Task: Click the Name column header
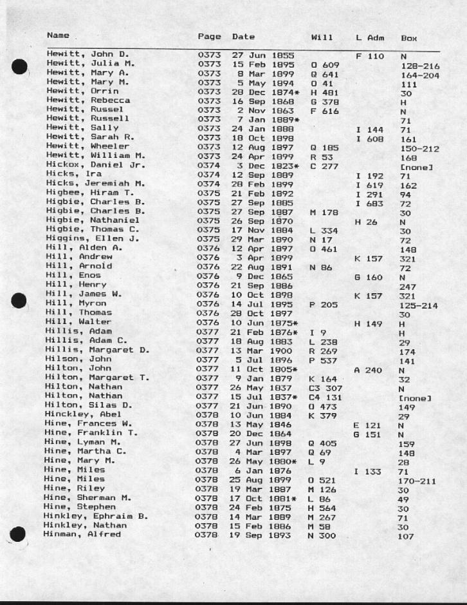point(58,37)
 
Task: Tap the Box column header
point(409,38)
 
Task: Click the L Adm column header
point(370,37)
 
